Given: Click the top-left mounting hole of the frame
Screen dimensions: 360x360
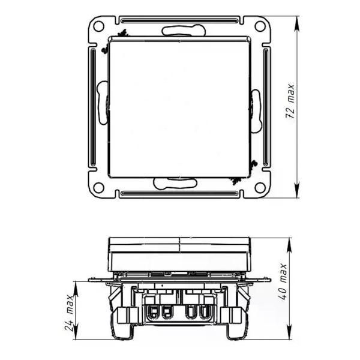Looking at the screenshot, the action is [99, 26].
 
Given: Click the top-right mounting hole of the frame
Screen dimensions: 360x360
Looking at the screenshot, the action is [260, 26].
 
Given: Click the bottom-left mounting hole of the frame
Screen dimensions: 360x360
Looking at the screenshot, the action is [99, 188].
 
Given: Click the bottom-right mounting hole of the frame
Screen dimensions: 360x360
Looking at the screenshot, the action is [260, 188].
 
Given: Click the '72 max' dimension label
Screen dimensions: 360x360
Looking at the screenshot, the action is [290, 101].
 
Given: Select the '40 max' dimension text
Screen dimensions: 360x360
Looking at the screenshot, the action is [283, 282].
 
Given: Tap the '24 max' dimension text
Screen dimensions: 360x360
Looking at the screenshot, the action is [69, 313].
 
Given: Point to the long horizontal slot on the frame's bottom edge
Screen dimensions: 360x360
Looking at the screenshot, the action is [179, 193].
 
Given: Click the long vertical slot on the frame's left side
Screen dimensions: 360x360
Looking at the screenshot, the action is [93, 107].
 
